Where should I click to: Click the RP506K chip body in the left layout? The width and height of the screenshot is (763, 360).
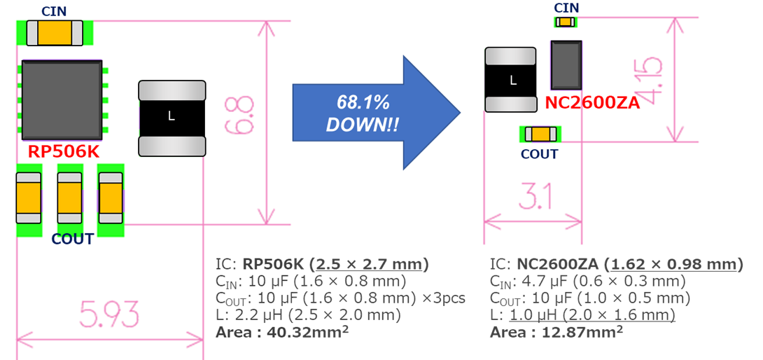pos(62,100)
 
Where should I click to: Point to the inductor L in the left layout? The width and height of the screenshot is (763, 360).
pos(171,118)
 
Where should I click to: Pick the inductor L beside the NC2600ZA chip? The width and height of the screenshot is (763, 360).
pos(511,79)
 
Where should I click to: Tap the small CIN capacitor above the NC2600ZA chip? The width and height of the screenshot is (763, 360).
pos(565,22)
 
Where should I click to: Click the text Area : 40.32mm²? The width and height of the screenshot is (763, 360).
pos(282,333)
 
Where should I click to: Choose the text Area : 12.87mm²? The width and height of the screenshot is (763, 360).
pos(556,333)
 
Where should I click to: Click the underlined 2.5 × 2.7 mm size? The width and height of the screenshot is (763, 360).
pos(372,265)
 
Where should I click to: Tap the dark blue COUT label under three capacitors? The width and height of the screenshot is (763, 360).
pos(73,240)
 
